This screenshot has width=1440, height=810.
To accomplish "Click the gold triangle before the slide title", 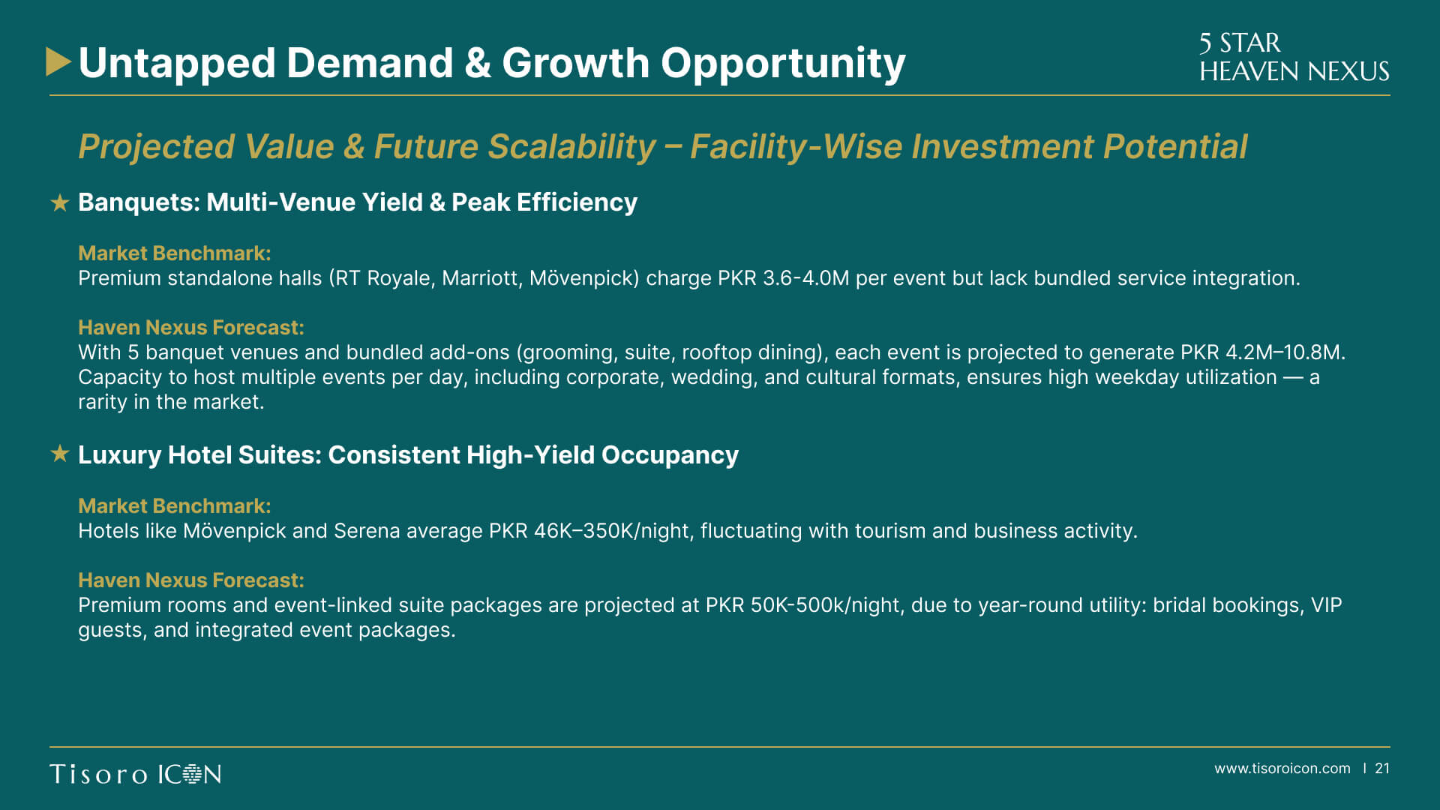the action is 58,61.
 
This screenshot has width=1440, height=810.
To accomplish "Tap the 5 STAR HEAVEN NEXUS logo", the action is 1294,57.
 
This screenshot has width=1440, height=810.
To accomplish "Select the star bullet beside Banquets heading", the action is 60,202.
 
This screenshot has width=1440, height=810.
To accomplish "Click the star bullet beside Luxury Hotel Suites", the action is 60,454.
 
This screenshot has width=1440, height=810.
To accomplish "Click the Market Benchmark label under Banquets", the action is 175,253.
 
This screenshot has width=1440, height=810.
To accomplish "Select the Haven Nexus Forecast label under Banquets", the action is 191,328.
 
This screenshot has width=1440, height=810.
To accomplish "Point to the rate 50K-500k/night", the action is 826,605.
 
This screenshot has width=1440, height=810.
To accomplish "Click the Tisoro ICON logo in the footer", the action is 136,774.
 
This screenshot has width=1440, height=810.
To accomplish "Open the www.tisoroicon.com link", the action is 1282,769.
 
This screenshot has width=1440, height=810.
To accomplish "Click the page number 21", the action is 1382,769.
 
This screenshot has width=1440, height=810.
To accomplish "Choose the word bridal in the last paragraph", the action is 1180,605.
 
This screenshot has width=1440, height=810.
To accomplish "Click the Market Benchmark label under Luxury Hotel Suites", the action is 175,506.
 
